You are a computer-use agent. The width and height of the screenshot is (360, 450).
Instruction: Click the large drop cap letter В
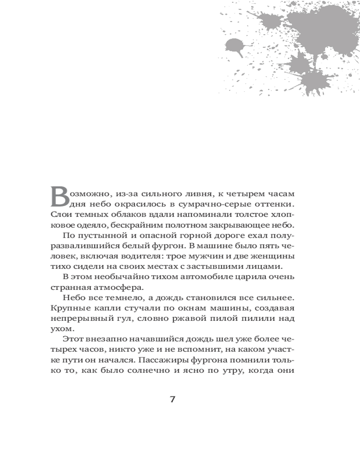60,196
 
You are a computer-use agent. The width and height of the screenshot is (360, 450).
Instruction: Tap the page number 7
173,400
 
